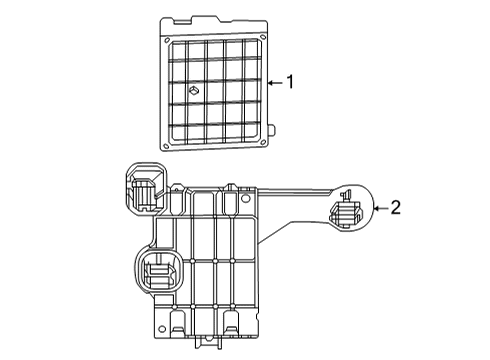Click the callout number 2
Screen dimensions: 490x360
coord(394,208)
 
